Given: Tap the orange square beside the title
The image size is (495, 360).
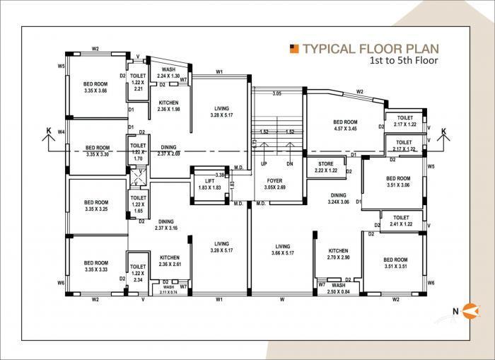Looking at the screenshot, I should (x=295, y=49).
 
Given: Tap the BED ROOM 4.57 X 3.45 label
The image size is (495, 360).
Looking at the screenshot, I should (x=346, y=126).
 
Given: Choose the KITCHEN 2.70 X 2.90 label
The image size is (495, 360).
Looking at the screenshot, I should (x=338, y=255).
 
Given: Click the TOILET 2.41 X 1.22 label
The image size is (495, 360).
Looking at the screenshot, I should (x=401, y=221).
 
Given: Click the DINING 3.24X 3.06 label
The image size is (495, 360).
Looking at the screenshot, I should (x=339, y=198).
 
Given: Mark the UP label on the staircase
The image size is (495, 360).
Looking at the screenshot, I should (x=263, y=163).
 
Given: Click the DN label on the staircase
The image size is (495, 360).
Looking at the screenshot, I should (x=289, y=163).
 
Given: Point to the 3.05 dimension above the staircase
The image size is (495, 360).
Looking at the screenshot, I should (x=277, y=93).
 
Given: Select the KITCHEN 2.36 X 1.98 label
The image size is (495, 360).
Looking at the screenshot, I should (x=168, y=106).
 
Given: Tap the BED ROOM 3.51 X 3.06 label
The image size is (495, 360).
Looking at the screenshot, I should (x=398, y=182).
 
